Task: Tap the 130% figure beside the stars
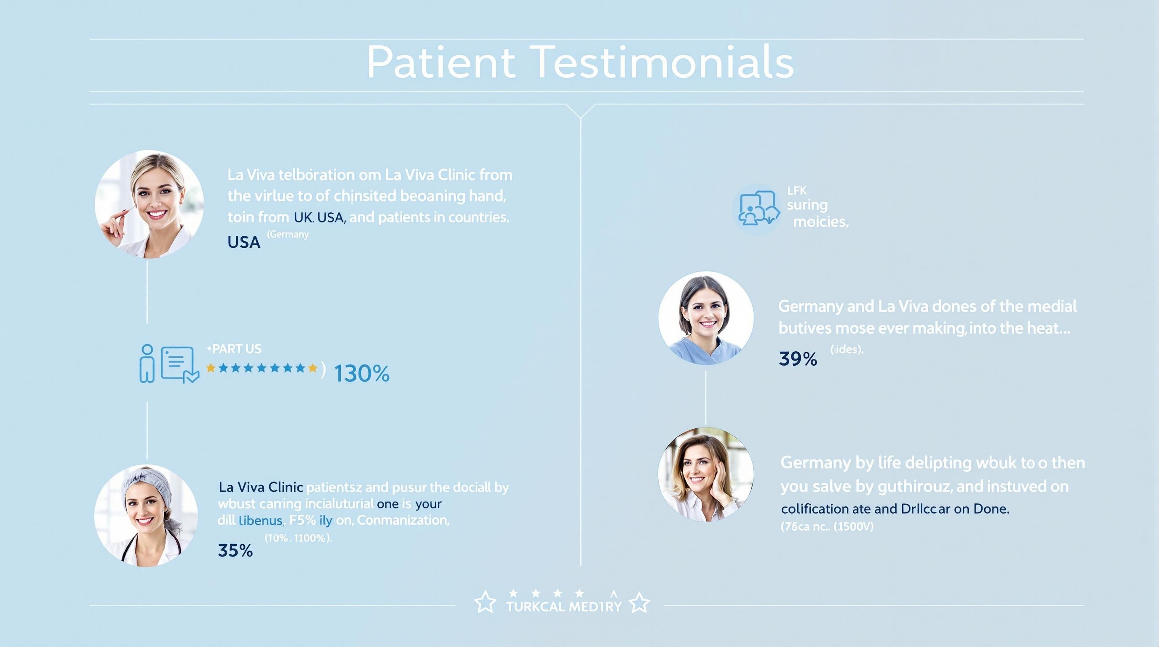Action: click(362, 374)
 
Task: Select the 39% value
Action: click(798, 359)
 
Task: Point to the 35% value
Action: click(235, 550)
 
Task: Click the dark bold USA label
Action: click(244, 243)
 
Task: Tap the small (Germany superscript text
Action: click(288, 235)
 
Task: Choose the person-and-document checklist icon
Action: click(169, 364)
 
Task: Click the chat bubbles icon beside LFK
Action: click(758, 209)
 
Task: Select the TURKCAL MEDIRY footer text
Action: click(563, 607)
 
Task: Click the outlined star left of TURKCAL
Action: click(486, 603)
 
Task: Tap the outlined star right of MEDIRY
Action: click(639, 603)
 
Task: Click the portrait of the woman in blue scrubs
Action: click(705, 318)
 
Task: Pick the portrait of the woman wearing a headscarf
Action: click(146, 516)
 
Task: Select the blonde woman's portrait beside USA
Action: click(149, 204)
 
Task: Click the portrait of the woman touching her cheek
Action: click(705, 474)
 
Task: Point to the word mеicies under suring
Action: click(820, 222)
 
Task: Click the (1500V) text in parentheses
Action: click(854, 527)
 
